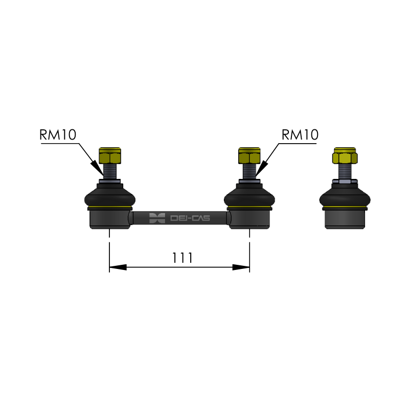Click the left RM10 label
click(x=58, y=134)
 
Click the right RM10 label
click(x=300, y=134)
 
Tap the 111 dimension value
click(x=183, y=258)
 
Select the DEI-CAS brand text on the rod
click(x=190, y=218)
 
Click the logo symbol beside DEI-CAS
click(x=157, y=218)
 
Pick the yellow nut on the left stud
click(x=110, y=155)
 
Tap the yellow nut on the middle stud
click(x=249, y=155)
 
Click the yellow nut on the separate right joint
click(x=345, y=155)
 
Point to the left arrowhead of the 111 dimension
click(x=118, y=267)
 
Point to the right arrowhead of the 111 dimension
click(x=241, y=267)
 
